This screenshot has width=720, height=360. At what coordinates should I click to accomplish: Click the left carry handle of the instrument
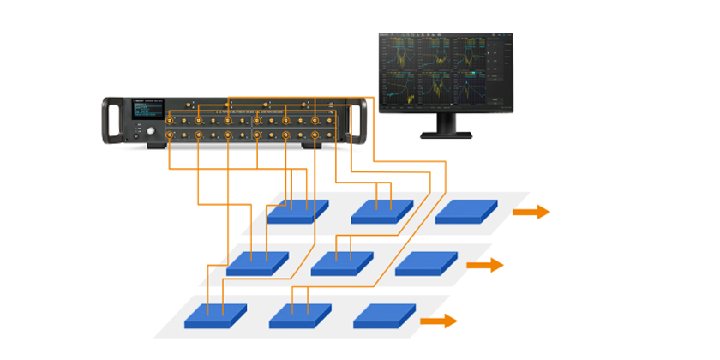(109, 121)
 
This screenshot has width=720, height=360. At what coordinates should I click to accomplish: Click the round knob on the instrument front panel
(153, 132)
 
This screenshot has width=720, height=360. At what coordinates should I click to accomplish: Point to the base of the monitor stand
(445, 134)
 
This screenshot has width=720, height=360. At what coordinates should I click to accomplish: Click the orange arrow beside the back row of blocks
(531, 212)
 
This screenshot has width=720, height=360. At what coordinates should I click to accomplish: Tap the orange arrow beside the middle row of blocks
(484, 266)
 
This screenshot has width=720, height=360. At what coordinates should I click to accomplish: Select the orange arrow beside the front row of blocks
(438, 321)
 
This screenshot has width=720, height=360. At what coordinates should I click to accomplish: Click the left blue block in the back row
(297, 211)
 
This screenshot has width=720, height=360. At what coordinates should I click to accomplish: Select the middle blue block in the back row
(382, 211)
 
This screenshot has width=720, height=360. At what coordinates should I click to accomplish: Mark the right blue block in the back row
(466, 211)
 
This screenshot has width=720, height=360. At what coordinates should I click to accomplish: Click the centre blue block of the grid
(341, 262)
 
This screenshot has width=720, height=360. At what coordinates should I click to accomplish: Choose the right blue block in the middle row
(426, 262)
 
